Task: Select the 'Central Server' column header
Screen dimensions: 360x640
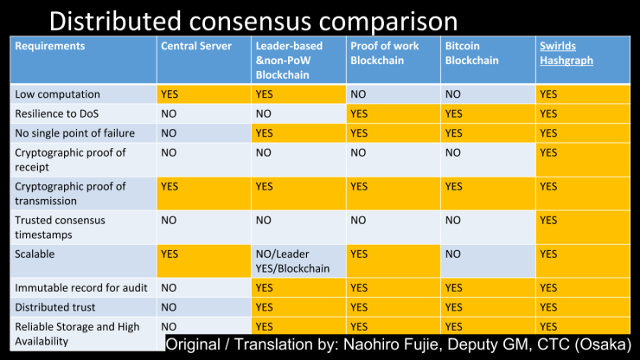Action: (x=196, y=46)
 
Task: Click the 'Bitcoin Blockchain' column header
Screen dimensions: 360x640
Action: (x=472, y=53)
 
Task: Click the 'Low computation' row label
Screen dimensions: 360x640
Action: (x=57, y=93)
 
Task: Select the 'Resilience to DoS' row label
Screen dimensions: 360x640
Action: (x=59, y=113)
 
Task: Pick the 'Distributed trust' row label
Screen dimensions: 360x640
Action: (x=54, y=306)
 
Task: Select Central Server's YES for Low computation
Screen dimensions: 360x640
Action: (x=170, y=93)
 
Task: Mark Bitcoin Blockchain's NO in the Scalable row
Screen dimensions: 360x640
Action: (x=453, y=254)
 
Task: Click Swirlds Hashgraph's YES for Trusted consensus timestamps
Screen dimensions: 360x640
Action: (x=548, y=221)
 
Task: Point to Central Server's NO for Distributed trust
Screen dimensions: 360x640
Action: (x=170, y=306)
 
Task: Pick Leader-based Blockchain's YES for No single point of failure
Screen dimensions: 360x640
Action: (x=265, y=133)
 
